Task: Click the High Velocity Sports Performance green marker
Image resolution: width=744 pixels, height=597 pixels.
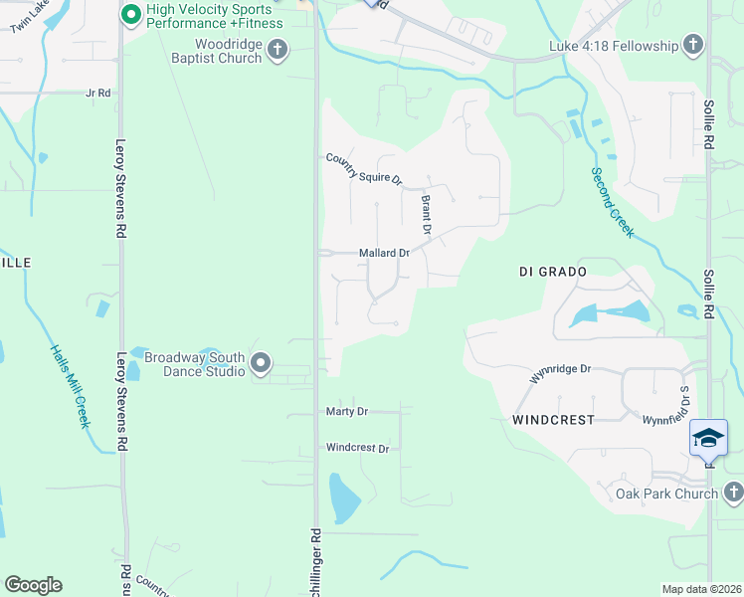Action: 129,15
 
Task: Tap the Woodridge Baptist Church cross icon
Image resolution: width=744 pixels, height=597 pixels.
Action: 278,49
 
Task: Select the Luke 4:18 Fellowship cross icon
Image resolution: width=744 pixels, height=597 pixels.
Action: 693,45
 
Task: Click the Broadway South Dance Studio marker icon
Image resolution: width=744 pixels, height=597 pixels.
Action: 261,364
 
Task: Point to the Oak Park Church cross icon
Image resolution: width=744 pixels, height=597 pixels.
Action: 733,493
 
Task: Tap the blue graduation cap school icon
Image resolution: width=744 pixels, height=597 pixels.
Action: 708,438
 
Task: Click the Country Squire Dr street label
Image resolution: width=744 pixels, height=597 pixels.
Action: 364,169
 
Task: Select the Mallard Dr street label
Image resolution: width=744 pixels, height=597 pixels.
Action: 384,254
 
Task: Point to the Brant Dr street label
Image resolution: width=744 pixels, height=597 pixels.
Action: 427,215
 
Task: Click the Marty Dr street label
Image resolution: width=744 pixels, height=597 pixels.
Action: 347,411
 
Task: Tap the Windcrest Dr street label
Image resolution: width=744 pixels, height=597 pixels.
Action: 357,449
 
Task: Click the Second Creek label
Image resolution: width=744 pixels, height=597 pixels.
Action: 613,202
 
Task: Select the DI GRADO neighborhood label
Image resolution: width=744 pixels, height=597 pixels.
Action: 553,271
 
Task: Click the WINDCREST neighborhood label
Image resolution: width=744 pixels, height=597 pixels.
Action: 553,420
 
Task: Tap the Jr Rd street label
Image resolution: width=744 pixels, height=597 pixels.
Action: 97,93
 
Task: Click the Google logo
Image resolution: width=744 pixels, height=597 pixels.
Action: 33,585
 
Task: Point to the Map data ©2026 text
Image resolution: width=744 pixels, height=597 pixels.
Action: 701,589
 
